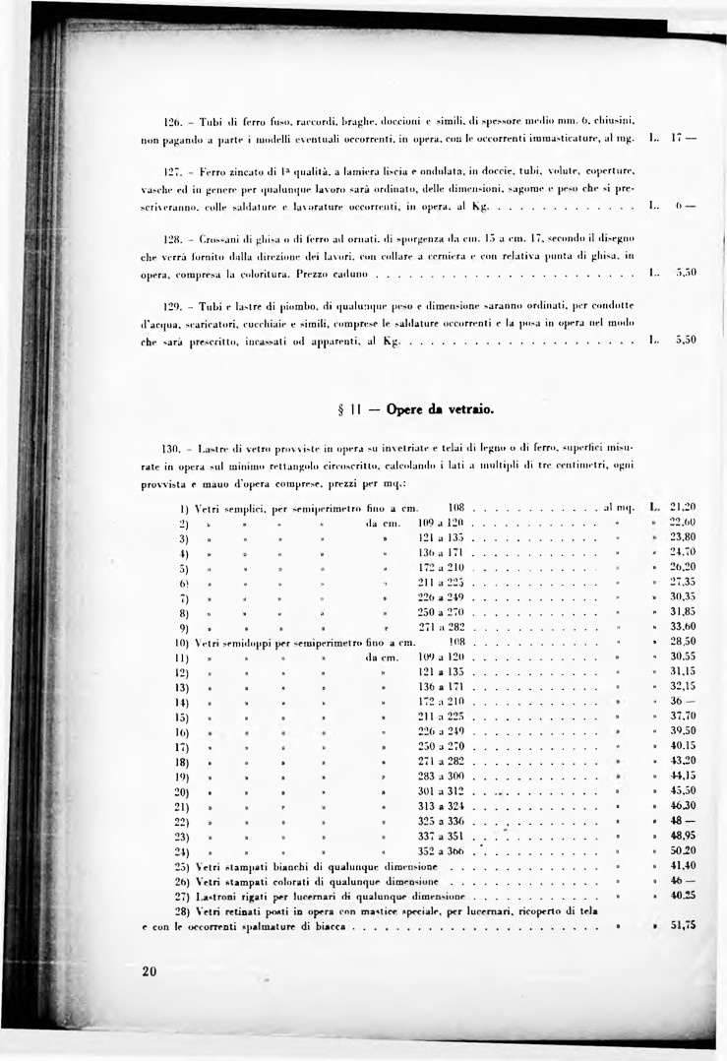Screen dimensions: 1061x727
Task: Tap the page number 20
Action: coord(149,971)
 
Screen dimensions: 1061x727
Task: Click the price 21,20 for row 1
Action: coord(682,507)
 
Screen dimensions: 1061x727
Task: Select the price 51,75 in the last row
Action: coord(682,925)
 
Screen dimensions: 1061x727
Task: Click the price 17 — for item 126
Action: coord(684,135)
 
